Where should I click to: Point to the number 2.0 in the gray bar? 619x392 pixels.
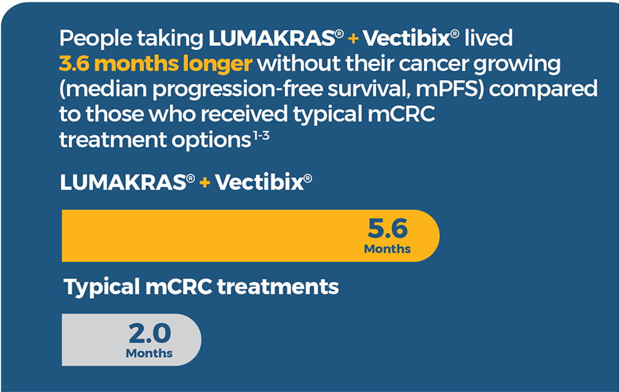pos(150,333)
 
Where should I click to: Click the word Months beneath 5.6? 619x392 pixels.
pos(388,249)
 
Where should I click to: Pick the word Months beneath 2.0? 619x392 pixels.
pos(150,353)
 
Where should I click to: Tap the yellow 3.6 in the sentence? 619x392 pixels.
pos(75,65)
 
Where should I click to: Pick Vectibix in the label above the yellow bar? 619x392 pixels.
pos(259,183)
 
